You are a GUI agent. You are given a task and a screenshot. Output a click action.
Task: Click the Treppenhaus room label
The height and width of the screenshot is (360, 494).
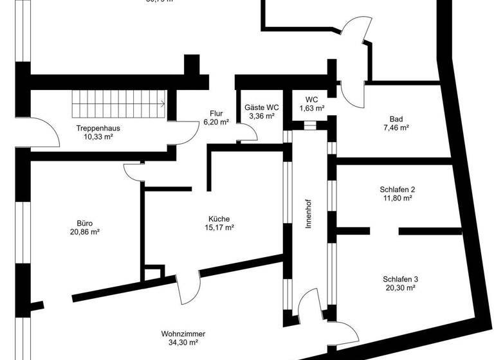(98, 128)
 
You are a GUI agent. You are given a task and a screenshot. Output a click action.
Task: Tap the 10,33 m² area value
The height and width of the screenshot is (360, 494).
(98, 137)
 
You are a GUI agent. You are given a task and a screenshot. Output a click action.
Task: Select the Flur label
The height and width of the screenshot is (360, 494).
(215, 113)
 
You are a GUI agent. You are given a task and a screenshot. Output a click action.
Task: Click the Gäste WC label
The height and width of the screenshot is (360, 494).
(262, 107)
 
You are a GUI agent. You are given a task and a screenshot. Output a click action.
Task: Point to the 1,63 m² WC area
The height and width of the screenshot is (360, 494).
(312, 109)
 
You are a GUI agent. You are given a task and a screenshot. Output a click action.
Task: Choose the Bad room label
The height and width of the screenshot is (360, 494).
(396, 119)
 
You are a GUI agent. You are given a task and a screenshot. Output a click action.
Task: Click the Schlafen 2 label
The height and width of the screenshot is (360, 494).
(398, 190)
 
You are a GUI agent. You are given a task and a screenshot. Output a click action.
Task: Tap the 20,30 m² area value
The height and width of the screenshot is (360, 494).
(400, 289)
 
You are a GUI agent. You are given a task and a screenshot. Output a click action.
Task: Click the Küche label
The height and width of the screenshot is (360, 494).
(219, 219)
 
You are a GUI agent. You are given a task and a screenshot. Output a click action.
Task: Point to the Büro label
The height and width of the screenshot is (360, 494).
(85, 223)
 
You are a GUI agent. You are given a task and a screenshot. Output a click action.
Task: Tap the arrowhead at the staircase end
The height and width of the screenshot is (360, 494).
(163, 102)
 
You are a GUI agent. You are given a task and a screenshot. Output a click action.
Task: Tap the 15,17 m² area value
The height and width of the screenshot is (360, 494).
(219, 228)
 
